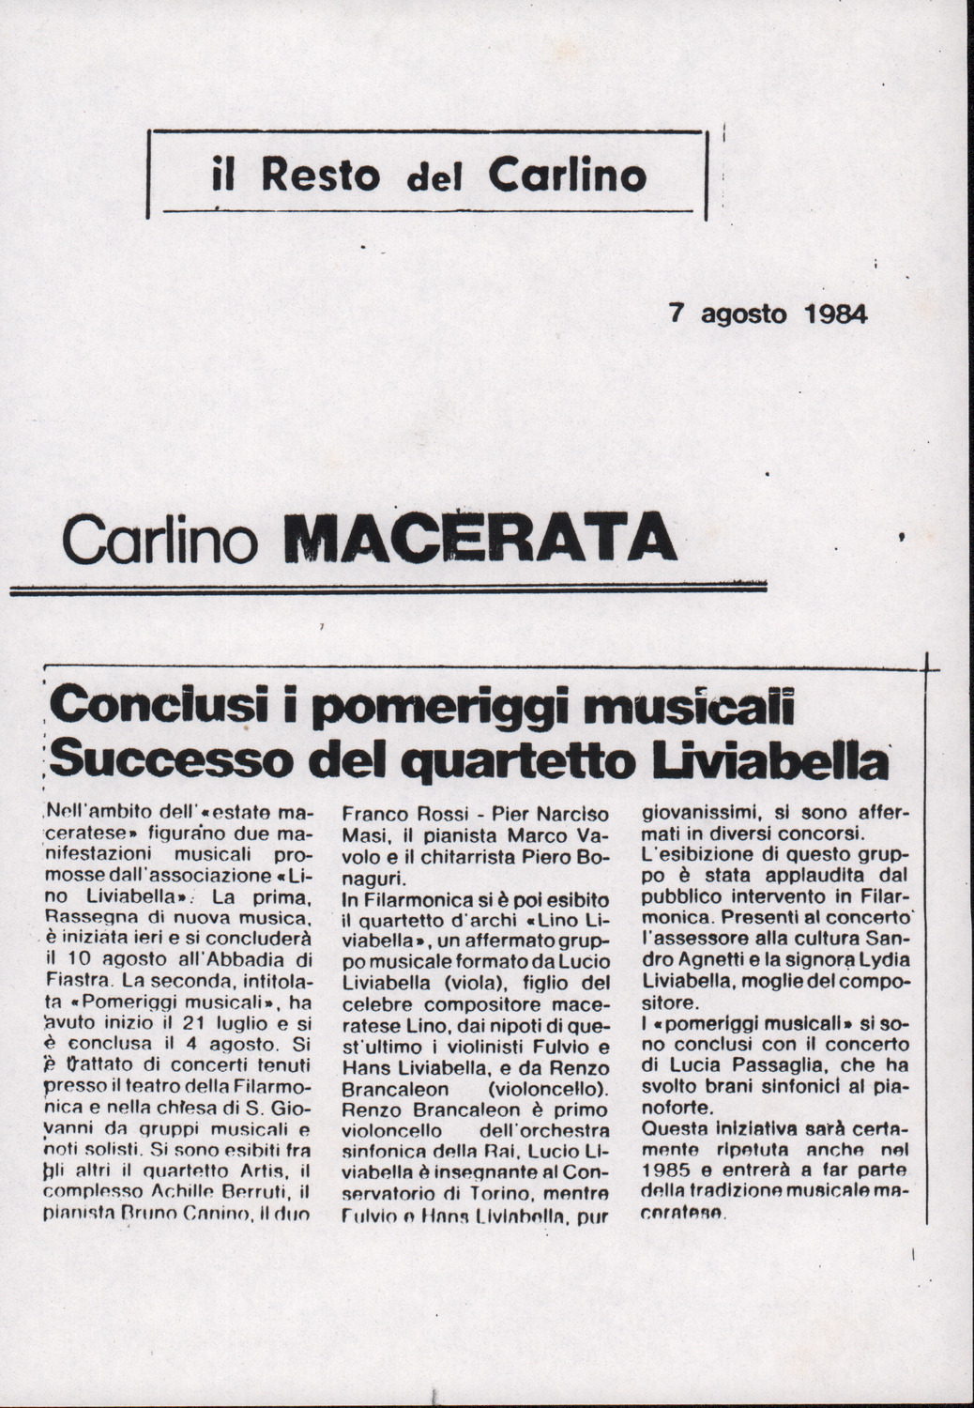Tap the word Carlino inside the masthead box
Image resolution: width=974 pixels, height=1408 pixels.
click(x=567, y=175)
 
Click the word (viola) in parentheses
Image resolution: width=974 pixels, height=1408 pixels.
click(x=463, y=982)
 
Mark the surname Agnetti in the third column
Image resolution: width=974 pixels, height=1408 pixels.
click(x=698, y=961)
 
